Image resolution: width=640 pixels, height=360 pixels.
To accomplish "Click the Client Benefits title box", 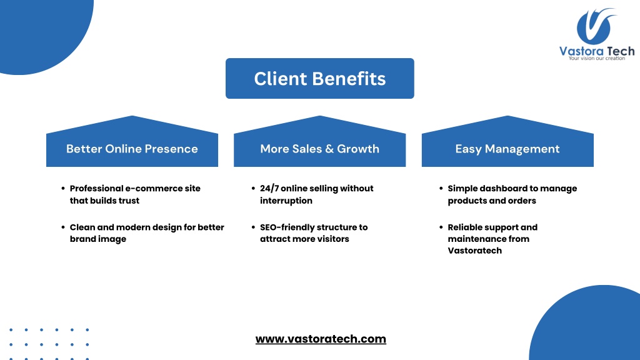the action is tap(319, 78).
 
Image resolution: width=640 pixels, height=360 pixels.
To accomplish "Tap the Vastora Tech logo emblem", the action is tap(596, 26).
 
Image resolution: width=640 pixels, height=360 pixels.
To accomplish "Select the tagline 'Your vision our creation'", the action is tap(597, 58).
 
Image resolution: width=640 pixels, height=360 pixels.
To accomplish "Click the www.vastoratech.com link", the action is tap(321, 339).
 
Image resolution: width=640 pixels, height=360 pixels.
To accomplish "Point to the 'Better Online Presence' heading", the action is tap(132, 149).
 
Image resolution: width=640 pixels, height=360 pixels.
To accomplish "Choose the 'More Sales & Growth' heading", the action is tap(319, 149).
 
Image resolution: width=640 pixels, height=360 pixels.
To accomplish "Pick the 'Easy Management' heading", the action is tap(507, 149).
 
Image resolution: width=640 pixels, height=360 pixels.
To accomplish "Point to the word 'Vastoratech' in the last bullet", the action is tap(475, 251).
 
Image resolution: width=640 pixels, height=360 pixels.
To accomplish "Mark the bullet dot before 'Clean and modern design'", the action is tap(63, 227).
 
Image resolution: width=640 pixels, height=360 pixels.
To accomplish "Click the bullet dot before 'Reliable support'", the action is tap(441, 227).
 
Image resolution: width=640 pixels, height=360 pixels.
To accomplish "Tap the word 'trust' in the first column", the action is tap(129, 201).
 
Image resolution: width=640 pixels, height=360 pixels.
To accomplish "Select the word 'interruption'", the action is tap(286, 201).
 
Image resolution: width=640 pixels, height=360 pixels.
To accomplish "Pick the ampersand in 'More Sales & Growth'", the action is tap(329, 149).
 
